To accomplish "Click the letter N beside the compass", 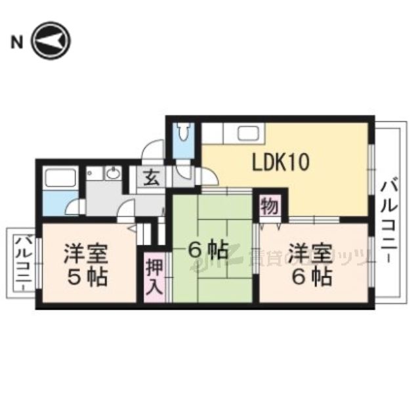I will pyautogui.click(x=14, y=43).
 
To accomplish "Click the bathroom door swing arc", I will pyautogui.click(x=73, y=209).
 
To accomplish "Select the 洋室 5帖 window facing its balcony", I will pyautogui.click(x=38, y=262).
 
